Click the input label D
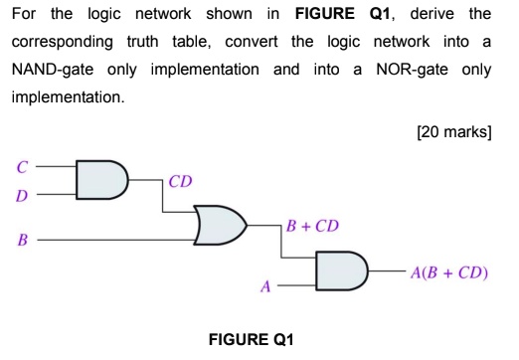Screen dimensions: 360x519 (20, 195)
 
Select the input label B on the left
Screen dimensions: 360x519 (20, 240)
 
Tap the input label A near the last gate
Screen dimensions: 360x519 (264, 286)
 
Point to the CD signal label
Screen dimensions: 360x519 (180, 181)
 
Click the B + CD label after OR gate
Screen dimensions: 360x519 (313, 226)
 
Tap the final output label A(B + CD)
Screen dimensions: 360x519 (448, 270)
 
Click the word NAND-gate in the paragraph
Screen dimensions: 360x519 (53, 70)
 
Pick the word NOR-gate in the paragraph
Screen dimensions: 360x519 (411, 70)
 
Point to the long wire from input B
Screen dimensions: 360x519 (119, 240)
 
